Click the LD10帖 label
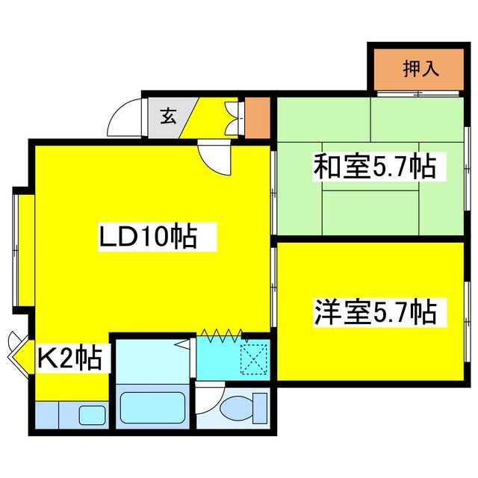149,238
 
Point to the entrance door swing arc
125,118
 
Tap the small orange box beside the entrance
258,117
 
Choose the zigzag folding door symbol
222,335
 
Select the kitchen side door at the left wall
17,353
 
